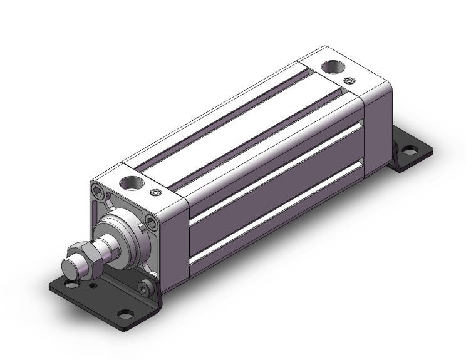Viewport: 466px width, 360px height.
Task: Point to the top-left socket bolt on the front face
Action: point(95,190)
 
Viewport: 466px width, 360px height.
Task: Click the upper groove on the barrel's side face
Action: point(276,170)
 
